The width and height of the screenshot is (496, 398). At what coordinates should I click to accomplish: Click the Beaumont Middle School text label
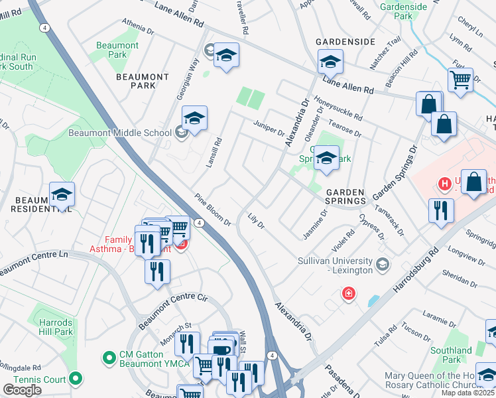(120, 133)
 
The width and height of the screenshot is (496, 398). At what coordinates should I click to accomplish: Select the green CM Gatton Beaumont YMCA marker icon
(108, 358)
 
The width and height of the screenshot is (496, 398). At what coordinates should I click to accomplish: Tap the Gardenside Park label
(403, 11)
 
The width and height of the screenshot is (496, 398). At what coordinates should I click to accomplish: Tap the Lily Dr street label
(256, 221)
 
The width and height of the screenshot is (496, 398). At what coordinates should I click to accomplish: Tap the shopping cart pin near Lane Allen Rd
(460, 79)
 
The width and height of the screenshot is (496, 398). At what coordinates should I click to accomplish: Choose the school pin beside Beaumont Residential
(62, 194)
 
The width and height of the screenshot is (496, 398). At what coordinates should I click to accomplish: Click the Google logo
(22, 390)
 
